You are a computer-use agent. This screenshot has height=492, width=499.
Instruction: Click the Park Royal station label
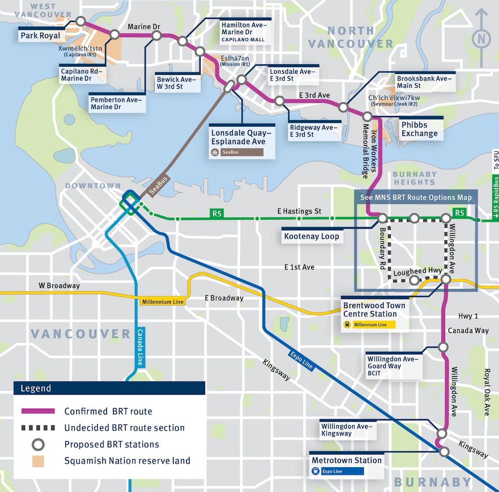pos(40,36)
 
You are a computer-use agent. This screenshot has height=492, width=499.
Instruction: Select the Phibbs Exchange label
pos(419,129)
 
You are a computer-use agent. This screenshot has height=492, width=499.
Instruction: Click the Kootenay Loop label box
pos(312,236)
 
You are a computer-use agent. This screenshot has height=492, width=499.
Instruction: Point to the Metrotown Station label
pos(346,460)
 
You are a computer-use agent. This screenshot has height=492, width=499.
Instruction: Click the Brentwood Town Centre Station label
pos(374,310)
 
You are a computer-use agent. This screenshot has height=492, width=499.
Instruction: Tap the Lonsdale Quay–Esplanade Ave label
pos(241,137)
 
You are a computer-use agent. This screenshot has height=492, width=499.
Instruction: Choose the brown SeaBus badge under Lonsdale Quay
pos(236,152)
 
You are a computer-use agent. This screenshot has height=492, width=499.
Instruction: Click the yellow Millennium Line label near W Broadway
pos(163,302)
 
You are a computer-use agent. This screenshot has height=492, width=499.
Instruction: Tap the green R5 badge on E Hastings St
pos(217,213)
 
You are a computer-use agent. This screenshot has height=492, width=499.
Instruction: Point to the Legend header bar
pos(109,388)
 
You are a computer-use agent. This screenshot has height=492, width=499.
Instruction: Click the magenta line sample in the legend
pos(38,411)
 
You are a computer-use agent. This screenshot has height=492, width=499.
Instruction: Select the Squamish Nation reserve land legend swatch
pos(38,461)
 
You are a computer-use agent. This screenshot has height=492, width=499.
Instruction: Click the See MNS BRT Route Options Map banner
pos(416,197)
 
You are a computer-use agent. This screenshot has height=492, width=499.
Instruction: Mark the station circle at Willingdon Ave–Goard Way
pos(443,347)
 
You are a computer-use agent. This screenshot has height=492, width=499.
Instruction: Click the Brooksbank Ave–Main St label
pos(422,82)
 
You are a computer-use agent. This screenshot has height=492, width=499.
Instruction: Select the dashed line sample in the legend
pos(38,428)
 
